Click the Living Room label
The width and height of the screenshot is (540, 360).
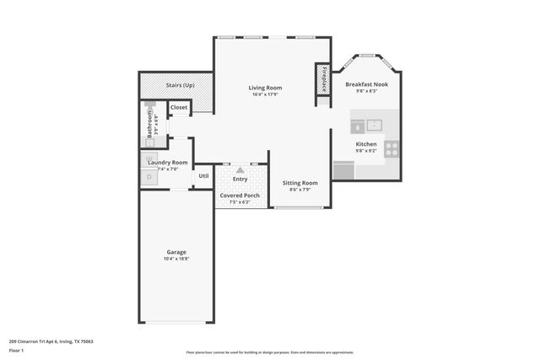click(265, 88)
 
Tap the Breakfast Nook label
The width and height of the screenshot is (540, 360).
click(367, 85)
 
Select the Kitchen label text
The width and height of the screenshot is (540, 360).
click(366, 144)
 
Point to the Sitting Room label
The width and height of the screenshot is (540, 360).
click(300, 183)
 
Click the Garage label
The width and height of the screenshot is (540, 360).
click(176, 252)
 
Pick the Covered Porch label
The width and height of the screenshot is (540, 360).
click(240, 196)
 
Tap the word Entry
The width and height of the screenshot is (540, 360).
click(240, 179)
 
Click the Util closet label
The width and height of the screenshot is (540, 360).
click(203, 175)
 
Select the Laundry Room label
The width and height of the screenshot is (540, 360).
click(167, 162)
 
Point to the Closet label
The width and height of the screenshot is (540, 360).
click(179, 108)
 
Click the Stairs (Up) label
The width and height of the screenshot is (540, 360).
click(180, 85)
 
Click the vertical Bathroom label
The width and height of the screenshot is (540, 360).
click(149, 125)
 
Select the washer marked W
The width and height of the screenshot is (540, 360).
click(149, 158)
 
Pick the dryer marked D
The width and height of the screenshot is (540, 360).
click(149, 177)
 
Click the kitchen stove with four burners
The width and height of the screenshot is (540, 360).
click(391, 148)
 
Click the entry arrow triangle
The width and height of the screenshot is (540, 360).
click(240, 169)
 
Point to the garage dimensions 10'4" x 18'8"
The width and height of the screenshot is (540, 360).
click(176, 260)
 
